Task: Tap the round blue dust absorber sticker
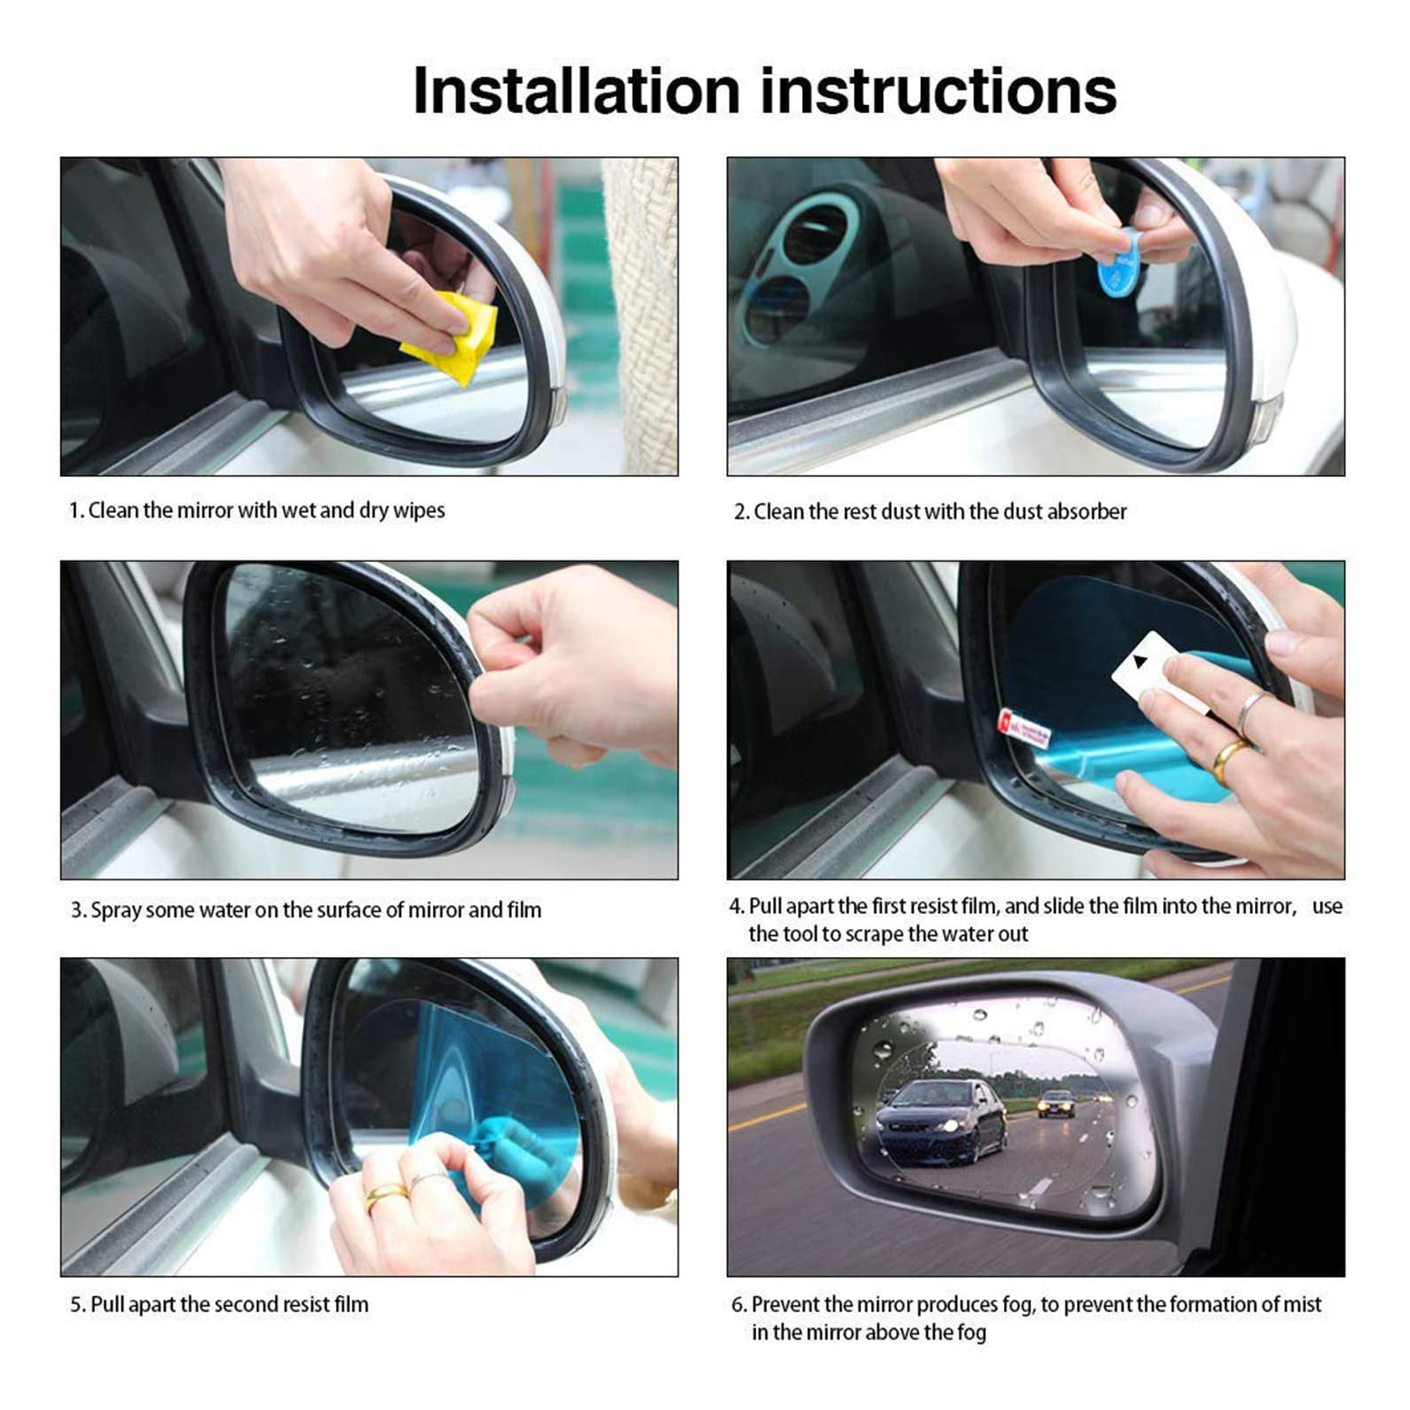pyautogui.click(x=1120, y=261)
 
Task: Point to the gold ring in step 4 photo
pyautogui.click(x=1228, y=761)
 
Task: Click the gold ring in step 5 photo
pyautogui.click(x=387, y=1195)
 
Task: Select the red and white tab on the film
pyautogui.click(x=1023, y=729)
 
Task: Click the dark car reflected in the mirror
pyautogui.click(x=940, y=1120)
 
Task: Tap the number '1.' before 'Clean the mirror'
pyautogui.click(x=77, y=510)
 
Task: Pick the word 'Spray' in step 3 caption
pyautogui.click(x=115, y=910)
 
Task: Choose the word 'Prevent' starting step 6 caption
pyautogui.click(x=784, y=1304)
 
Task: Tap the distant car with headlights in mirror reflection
pyautogui.click(x=1056, y=1103)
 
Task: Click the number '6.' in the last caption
pyautogui.click(x=739, y=1304)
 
